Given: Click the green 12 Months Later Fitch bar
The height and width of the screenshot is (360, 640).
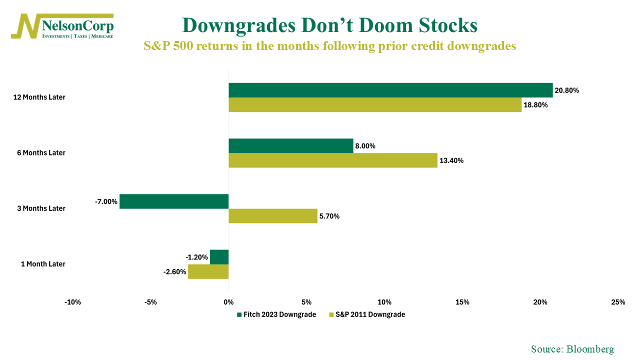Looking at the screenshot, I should [x=390, y=90].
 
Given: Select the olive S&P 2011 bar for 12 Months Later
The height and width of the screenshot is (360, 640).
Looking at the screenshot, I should [x=375, y=104].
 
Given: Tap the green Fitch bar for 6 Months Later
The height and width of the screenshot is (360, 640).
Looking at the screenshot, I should [x=291, y=145].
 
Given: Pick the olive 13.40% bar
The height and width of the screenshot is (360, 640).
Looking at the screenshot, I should [x=333, y=160].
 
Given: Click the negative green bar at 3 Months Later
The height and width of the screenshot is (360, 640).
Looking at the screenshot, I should [x=174, y=201].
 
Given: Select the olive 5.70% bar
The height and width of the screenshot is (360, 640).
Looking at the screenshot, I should [x=273, y=216].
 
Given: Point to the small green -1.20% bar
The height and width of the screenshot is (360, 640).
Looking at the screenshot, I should [x=219, y=257].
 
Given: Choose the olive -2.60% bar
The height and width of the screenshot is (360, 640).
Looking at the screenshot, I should [x=208, y=271].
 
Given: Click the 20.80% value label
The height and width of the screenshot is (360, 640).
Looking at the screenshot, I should [x=566, y=90].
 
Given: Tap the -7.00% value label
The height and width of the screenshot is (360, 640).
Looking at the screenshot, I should [x=106, y=201].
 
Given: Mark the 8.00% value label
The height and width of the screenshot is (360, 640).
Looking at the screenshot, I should [x=365, y=146].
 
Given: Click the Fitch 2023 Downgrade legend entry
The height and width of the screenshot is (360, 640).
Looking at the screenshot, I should [x=276, y=314].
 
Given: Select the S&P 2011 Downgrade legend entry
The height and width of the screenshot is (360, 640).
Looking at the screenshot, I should [x=366, y=314].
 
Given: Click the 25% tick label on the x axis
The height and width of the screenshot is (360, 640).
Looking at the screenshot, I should [x=618, y=302].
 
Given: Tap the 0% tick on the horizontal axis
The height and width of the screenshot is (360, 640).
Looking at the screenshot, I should [x=228, y=302].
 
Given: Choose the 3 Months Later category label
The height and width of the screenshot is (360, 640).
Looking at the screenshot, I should [x=43, y=208].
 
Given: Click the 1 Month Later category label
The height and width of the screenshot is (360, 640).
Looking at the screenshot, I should [x=43, y=264].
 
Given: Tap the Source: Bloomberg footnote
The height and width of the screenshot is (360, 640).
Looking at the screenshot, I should [x=572, y=349].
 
